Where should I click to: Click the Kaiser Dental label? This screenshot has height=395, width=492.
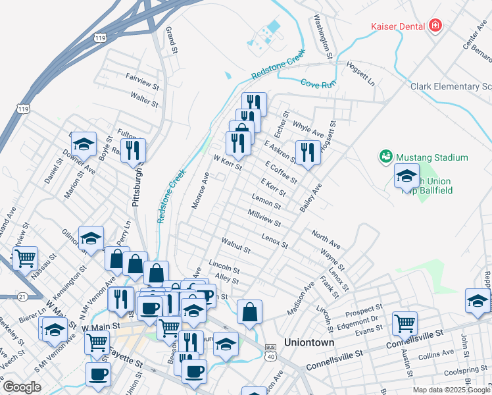tap(397, 26)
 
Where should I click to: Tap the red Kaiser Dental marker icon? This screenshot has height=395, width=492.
tap(435, 26)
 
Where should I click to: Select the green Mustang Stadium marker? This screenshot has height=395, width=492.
tap(385, 157)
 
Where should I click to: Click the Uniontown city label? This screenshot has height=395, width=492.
tap(309, 342)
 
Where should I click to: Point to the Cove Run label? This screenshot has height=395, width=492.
tap(314, 83)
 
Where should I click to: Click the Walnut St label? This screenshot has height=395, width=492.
tap(236, 246)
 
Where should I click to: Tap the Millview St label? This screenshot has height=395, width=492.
tap(264, 219)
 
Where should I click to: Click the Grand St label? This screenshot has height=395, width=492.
tap(172, 40)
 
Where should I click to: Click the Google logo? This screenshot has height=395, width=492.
tap(22, 386)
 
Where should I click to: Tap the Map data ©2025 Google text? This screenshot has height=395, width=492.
tap(452, 390)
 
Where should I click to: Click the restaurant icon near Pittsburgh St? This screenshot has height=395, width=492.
tap(134, 150)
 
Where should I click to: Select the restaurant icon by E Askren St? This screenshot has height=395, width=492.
tap(307, 152)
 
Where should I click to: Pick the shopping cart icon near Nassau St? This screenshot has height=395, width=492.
tap(25, 258)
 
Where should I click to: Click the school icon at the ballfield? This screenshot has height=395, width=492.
tap(406, 175)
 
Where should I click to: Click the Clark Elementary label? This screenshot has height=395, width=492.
tap(451, 86)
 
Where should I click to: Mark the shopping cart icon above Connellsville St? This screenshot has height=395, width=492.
tap(405, 323)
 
